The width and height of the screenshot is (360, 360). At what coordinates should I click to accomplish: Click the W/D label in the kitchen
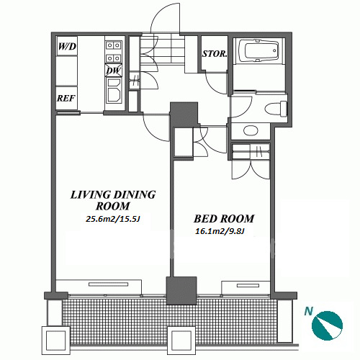point(67,46)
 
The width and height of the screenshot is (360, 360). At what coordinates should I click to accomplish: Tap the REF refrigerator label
point(66,98)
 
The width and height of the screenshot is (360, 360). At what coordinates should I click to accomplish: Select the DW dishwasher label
point(114,71)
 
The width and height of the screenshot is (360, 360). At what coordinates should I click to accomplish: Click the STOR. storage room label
point(215,54)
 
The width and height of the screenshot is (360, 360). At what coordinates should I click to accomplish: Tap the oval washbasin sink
point(251,130)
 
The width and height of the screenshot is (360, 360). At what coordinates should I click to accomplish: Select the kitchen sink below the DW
point(114,91)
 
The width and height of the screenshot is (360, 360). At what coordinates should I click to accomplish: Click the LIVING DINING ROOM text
point(113,200)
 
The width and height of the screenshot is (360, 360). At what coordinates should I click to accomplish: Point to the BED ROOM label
point(224,219)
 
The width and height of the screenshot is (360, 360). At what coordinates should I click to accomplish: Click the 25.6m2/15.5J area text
point(113,219)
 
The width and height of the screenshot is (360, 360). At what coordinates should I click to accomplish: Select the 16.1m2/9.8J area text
point(220,231)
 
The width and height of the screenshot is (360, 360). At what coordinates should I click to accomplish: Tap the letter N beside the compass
point(309,311)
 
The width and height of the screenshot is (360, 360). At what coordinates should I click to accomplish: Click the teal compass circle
point(327,325)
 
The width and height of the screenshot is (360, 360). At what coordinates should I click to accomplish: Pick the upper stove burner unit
point(114,45)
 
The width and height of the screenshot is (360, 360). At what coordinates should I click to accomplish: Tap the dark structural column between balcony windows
point(181,291)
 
